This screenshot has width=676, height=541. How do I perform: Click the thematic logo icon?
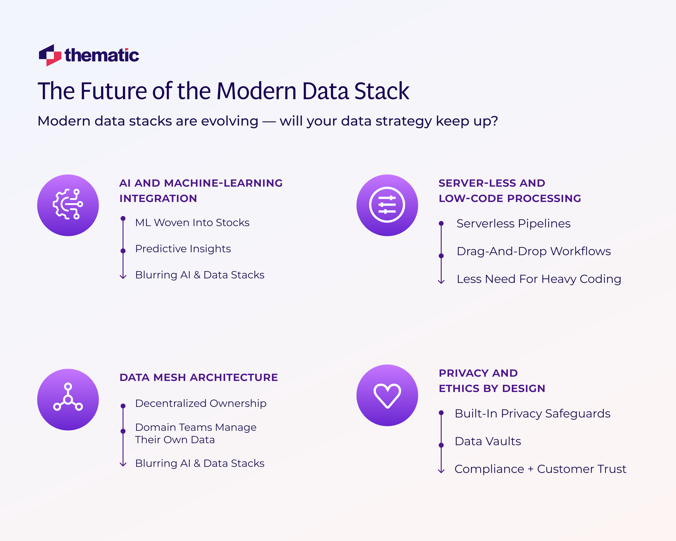pyautogui.click(x=50, y=55)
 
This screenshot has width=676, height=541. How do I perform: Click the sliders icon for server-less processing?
pyautogui.click(x=387, y=205)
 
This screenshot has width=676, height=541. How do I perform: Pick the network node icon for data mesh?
pyautogui.click(x=68, y=399)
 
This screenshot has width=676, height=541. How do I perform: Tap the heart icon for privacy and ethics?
pyautogui.click(x=387, y=395)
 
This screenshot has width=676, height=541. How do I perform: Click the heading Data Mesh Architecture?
pyautogui.click(x=199, y=377)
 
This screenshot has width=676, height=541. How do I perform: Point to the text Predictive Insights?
pyautogui.click(x=183, y=249)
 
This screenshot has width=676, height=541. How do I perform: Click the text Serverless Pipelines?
pyautogui.click(x=513, y=224)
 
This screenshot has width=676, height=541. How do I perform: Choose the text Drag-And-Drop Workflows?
pyautogui.click(x=534, y=251)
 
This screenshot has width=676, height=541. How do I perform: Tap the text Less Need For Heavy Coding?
pyautogui.click(x=539, y=279)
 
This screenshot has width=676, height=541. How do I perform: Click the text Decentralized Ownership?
pyautogui.click(x=201, y=403)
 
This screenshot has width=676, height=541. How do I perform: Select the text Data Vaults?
pyautogui.click(x=488, y=441)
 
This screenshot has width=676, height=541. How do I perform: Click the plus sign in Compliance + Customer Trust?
pyautogui.click(x=530, y=469)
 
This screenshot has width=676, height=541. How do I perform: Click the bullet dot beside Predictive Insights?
pyautogui.click(x=123, y=251)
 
